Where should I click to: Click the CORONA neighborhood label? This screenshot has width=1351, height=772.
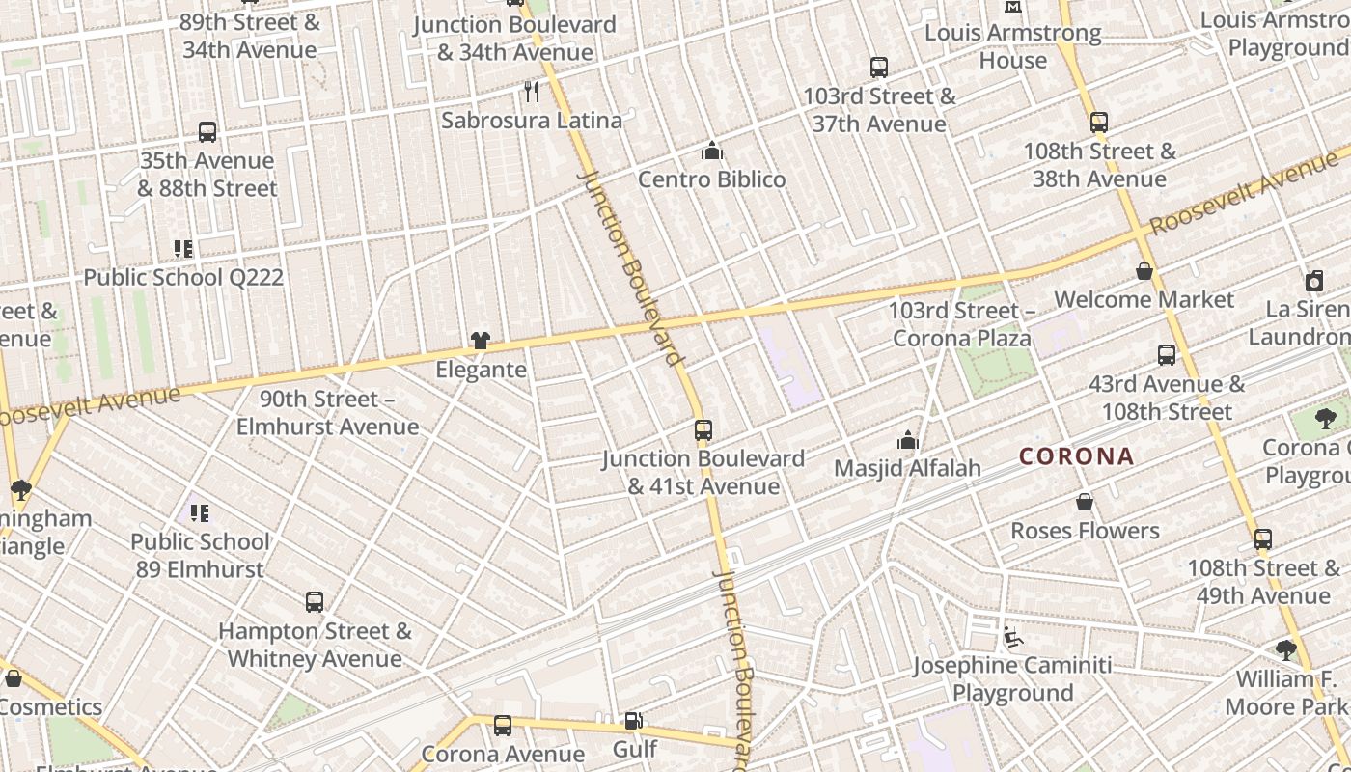pos(1076,456)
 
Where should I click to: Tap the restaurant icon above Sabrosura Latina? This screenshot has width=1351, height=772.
pos(532,92)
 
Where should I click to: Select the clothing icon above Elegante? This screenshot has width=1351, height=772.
pos(480,340)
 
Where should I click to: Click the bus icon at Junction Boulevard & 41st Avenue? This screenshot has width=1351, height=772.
pos(703,430)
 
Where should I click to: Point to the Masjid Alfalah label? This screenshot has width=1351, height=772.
pos(907,468)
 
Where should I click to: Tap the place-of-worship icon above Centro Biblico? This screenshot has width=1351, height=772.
pos(712,151)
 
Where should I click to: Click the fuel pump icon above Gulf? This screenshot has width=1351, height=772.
pos(634,720)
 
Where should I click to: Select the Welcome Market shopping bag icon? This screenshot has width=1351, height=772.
pos(1144,272)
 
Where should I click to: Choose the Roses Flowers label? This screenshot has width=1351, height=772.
pos(1085,531)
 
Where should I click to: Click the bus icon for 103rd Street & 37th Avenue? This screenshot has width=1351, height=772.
pos(878,68)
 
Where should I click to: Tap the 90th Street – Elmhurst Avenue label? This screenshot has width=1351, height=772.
pos(327,413)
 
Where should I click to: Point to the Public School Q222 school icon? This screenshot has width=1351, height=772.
pos(183,249)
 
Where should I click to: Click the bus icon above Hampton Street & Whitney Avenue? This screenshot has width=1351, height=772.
pos(315,602)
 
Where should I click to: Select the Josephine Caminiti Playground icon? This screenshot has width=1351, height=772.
pos(1013,637)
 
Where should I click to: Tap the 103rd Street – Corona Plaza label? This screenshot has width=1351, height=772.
pos(961,324)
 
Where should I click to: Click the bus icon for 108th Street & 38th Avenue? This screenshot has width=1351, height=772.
pos(1098,123)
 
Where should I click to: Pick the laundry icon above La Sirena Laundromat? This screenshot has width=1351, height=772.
pos(1313,281)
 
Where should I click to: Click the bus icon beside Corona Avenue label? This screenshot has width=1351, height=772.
pos(502,726)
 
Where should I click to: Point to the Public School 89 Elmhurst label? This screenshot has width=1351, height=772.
pos(200,555)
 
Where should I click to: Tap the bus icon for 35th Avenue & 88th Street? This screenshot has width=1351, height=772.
pos(207,132)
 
